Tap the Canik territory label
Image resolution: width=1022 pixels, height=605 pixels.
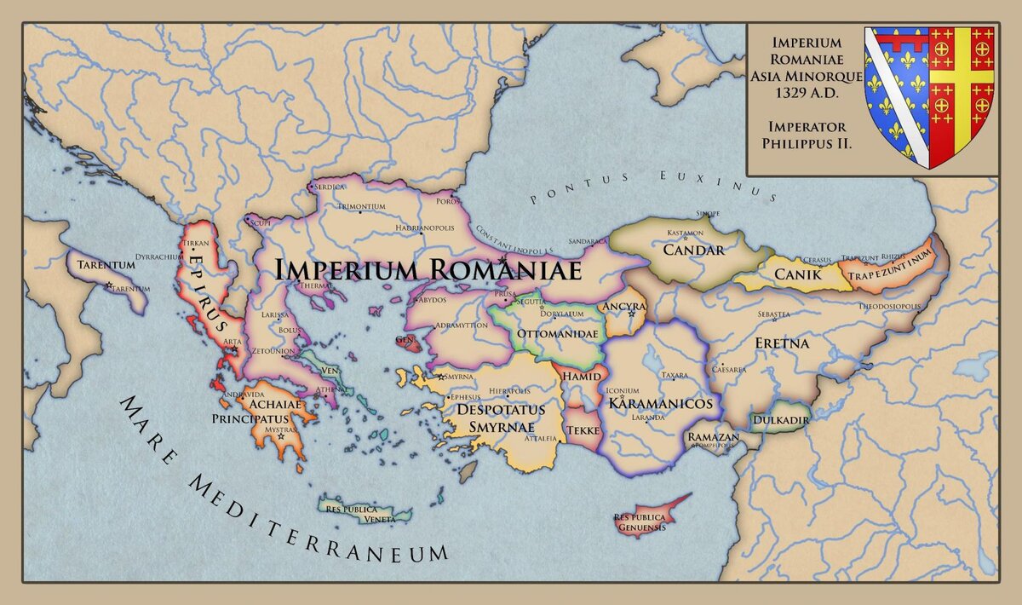[x=797, y=274]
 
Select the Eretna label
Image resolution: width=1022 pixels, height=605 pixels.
[x=781, y=343]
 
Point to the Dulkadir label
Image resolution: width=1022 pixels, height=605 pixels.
[x=779, y=420]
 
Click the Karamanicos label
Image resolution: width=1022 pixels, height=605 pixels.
[x=659, y=402]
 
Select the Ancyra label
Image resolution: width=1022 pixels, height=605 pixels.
[x=623, y=306]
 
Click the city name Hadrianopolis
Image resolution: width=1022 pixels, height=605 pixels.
[x=431, y=228]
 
